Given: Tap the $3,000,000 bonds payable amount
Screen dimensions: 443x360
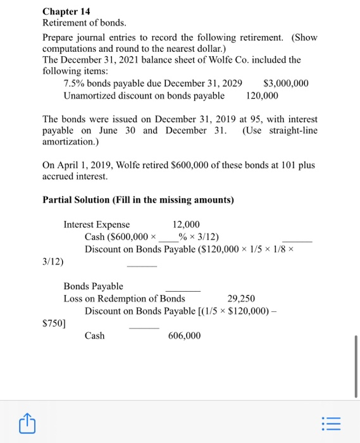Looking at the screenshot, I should tap(285, 83).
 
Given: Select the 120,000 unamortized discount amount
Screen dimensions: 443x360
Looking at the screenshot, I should tap(262, 95).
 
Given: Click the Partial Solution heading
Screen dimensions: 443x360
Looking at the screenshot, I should tap(138, 200).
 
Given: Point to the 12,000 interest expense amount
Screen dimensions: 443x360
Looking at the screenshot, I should tap(186, 225).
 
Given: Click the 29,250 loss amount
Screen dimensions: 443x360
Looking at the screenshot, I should tap(240, 298).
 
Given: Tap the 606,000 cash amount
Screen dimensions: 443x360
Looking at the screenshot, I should tap(184, 335).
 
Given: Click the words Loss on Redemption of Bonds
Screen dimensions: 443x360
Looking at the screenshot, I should tap(124, 298).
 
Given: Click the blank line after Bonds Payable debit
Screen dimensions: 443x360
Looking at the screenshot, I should tap(182, 289).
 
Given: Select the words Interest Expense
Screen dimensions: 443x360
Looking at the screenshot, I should tap(96, 225).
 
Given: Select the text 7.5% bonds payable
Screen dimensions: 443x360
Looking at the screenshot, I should tap(106, 83).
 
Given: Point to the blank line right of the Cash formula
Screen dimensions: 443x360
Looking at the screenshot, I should tap(297, 239).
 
